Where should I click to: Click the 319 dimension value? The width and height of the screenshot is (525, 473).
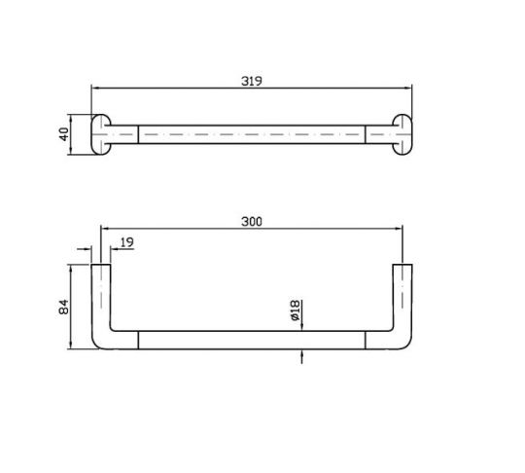[252, 81]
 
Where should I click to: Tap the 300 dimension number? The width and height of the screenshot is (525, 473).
[252, 222]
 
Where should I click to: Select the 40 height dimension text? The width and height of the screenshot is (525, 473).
[64, 134]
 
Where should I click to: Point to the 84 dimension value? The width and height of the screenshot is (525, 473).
[63, 307]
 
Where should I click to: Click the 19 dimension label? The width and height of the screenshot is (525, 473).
[127, 242]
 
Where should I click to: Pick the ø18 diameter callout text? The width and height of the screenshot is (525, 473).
[296, 310]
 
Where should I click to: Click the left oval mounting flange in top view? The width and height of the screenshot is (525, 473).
[101, 134]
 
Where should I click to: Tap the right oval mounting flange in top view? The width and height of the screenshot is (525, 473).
[402, 134]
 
